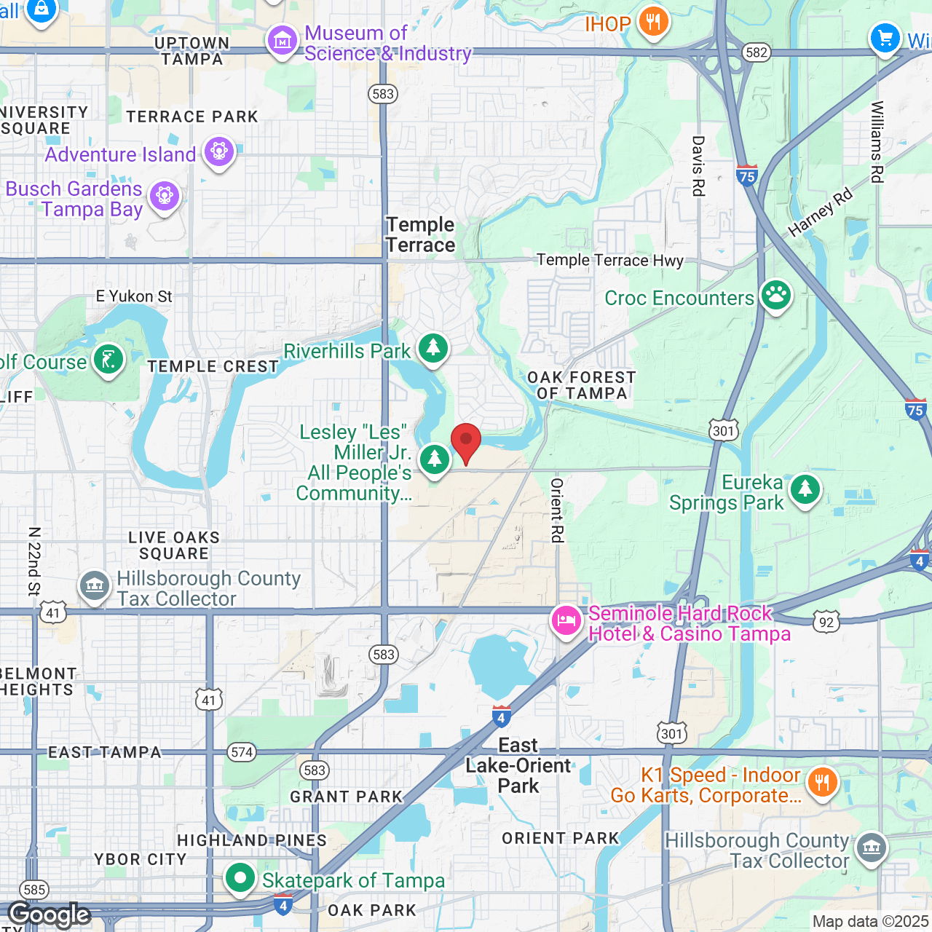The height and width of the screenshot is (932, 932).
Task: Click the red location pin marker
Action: tap(466, 441)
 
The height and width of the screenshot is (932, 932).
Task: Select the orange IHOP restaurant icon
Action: tap(653, 21)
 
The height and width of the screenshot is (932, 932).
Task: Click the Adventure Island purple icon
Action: tap(218, 151)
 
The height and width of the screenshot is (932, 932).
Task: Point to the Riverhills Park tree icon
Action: tap(433, 348)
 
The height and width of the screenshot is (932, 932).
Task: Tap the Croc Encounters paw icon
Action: tap(776, 295)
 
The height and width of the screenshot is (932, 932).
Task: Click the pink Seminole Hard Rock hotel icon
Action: tap(566, 620)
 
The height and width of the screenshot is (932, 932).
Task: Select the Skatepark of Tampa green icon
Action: tap(240, 878)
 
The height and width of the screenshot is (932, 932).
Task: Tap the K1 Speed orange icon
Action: tap(823, 781)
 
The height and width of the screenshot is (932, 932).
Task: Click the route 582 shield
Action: tap(757, 52)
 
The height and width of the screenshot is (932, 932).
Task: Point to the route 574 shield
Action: tap(242, 752)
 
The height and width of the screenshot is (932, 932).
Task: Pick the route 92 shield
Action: tap(826, 622)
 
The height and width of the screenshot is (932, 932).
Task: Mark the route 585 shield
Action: tap(34, 889)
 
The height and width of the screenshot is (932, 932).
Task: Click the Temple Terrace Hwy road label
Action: tap(610, 260)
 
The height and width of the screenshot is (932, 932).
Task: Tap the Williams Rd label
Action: tap(877, 142)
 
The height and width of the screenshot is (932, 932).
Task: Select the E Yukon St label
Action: tap(134, 296)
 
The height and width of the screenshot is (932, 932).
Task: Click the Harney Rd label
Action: tap(820, 213)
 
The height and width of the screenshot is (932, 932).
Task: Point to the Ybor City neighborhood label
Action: tap(141, 859)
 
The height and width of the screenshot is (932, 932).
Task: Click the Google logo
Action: tap(50, 915)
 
